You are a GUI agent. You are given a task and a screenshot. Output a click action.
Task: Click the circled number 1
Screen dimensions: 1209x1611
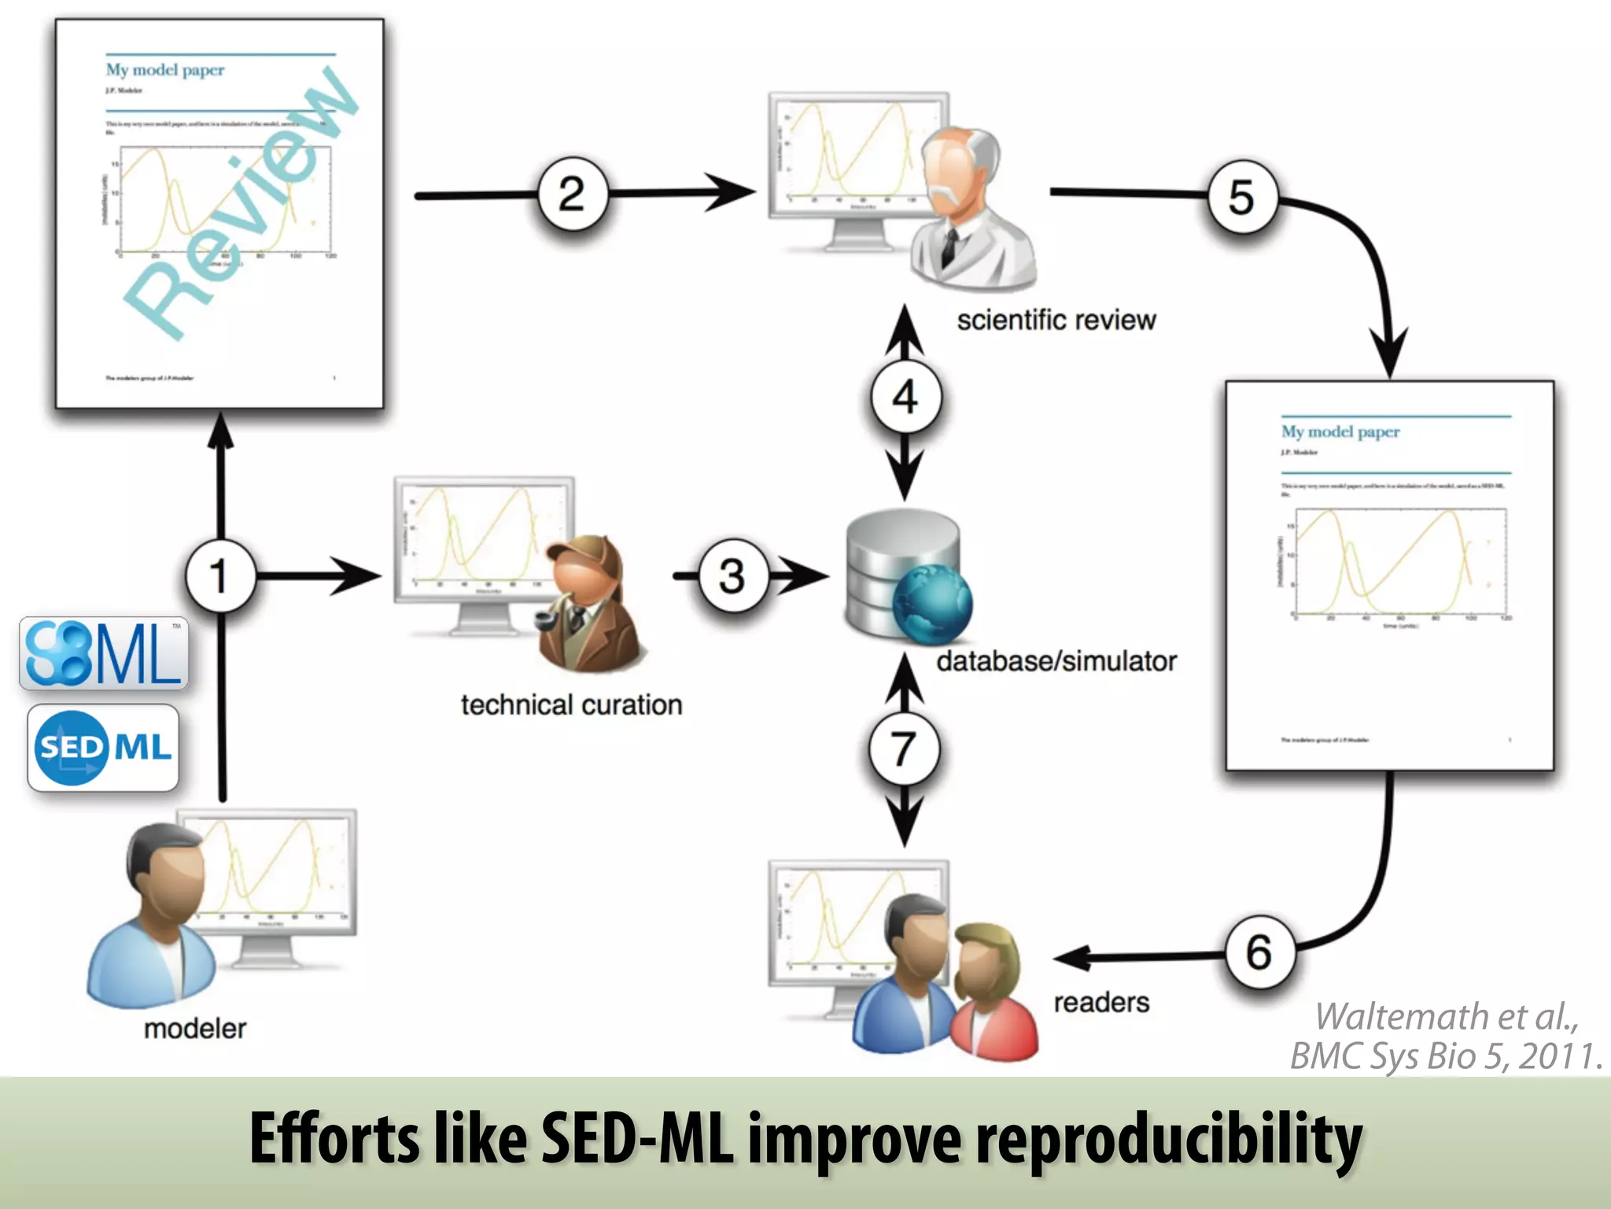tap(220, 575)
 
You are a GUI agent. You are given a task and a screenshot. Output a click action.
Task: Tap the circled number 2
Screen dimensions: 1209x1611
tap(572, 194)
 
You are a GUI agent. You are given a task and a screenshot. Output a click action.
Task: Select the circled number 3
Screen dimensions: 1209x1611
tap(732, 575)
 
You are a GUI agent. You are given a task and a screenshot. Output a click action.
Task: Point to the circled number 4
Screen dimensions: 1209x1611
tap(905, 397)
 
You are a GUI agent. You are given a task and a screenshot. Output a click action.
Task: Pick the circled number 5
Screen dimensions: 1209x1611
tap(1241, 197)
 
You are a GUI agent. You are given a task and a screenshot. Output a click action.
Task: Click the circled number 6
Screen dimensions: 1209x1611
tap(1259, 952)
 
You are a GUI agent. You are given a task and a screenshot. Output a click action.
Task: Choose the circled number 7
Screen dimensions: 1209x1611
tap(903, 749)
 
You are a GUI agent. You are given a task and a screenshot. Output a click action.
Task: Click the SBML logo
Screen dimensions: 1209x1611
tap(104, 653)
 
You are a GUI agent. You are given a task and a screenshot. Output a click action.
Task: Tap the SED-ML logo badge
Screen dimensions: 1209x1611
tap(103, 747)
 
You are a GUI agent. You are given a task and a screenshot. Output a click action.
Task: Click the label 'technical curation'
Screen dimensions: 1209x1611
tap(571, 704)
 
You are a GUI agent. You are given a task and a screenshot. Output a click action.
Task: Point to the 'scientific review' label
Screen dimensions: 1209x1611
tap(1056, 320)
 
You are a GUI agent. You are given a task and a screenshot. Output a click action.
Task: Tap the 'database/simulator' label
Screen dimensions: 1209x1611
tap(1056, 661)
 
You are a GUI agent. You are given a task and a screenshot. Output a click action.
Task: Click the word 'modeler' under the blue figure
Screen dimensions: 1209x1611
tap(194, 1028)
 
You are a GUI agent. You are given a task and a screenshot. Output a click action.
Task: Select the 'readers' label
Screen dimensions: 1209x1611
tap(1100, 1002)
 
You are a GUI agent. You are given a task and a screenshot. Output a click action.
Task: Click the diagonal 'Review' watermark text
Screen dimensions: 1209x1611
tap(241, 205)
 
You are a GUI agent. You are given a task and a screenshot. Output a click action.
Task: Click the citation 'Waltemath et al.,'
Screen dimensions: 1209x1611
tap(1446, 1016)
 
